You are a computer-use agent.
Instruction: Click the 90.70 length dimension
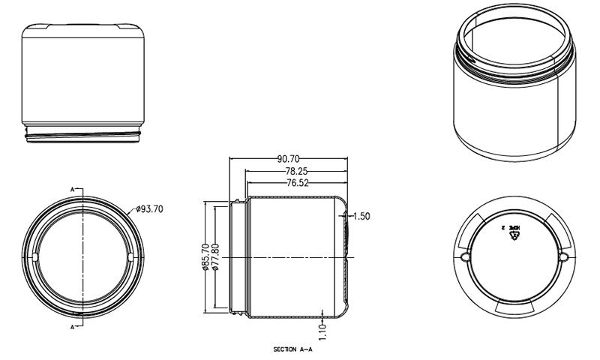289,159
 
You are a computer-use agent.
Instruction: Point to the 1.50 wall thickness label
361,216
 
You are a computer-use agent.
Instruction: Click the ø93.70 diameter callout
149,209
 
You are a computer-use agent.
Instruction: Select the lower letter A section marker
73,328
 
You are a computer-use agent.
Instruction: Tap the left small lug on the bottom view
465,256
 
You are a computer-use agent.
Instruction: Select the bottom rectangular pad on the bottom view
514,307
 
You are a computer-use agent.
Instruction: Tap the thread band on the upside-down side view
82,135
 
